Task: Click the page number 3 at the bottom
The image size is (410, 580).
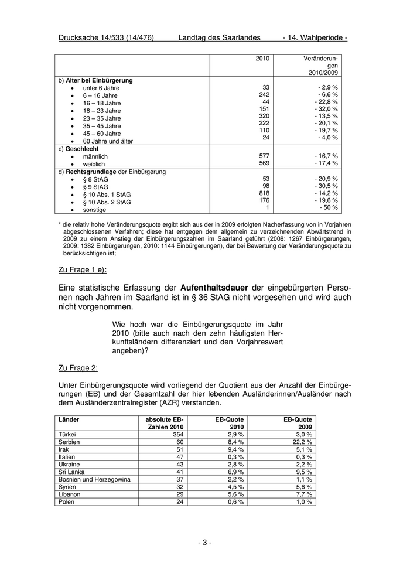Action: tap(204, 542)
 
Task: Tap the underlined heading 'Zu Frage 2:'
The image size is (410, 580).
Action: tap(78, 368)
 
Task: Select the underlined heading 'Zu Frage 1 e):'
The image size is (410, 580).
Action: tap(83, 269)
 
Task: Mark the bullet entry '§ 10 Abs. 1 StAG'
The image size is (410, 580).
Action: tap(107, 194)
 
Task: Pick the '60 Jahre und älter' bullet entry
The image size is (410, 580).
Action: tap(108, 141)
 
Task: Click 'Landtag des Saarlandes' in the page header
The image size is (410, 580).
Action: tap(219, 37)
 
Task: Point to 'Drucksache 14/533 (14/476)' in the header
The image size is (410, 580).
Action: tap(106, 37)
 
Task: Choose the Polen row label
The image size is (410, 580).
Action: tap(67, 502)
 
